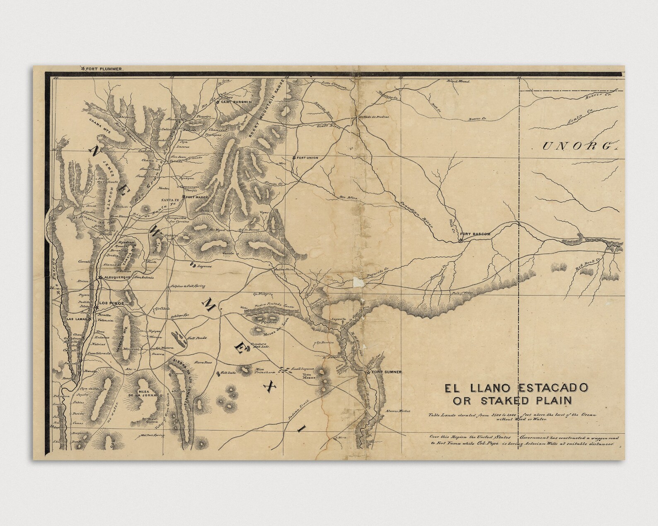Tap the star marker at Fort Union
[x=294, y=158]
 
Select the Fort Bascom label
[x=478, y=234]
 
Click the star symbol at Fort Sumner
[x=368, y=372]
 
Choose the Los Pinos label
[x=111, y=303]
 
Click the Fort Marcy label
[x=196, y=197]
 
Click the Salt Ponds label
[x=198, y=337]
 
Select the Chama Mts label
[x=99, y=125]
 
